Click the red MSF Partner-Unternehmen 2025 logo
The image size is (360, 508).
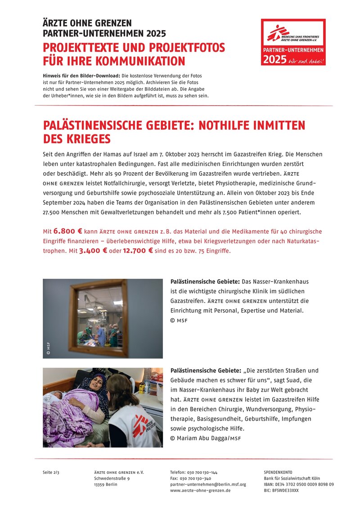point(293,42)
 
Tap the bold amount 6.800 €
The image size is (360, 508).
point(67,232)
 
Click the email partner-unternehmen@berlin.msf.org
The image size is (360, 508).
point(208,484)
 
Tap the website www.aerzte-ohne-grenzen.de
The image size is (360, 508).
point(200,490)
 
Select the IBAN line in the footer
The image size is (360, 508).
point(298,484)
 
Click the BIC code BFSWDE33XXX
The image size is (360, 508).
point(281,490)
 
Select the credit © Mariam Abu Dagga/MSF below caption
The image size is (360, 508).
point(206,438)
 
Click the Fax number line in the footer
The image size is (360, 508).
point(191,478)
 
